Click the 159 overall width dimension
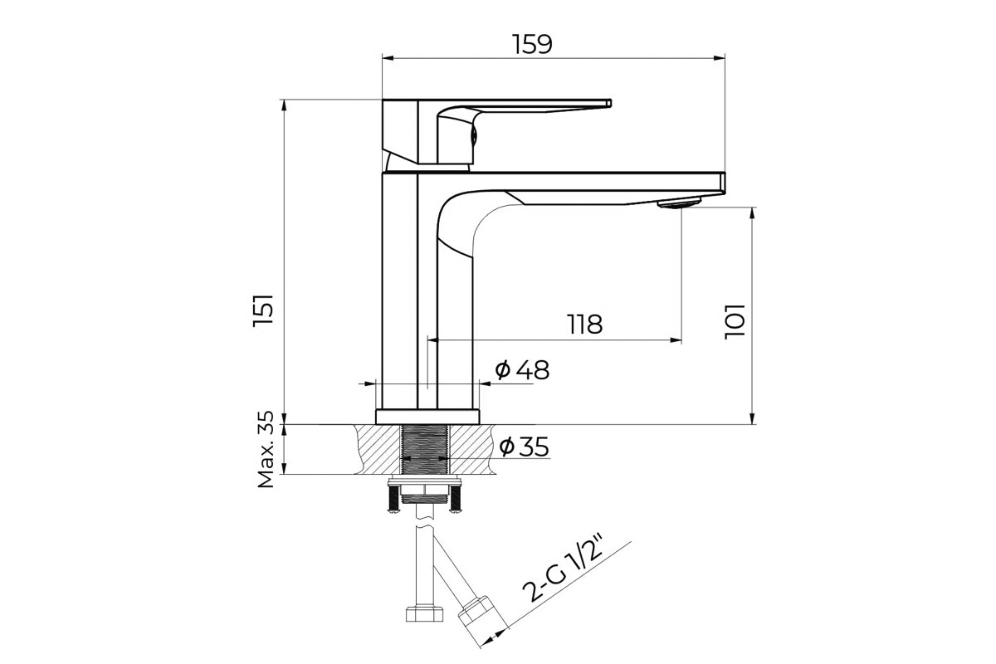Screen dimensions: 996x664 (532, 44)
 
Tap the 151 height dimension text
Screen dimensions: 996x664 (262, 310)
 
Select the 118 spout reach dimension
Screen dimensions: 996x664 (585, 325)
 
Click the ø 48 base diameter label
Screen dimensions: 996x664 (522, 369)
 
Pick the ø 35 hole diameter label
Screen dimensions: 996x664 (524, 447)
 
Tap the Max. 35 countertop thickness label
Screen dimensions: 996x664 (266, 449)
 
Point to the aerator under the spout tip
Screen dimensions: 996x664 (679, 203)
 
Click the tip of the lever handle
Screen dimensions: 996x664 (609, 103)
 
